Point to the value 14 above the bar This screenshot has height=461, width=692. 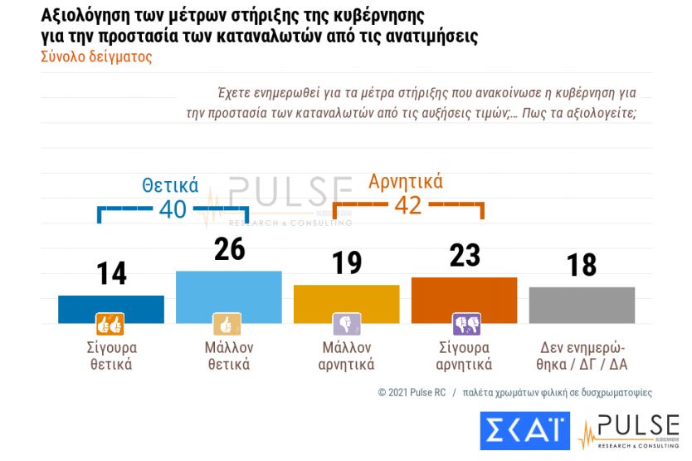pos(110,273)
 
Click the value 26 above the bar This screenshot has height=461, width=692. pos(229,248)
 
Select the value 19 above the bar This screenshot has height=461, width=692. pos(346,262)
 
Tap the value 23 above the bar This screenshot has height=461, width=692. pos(464,255)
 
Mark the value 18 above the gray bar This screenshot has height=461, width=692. pos(582,265)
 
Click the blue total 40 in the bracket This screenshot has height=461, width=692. pos(173,209)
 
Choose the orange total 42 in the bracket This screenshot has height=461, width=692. pos(407,204)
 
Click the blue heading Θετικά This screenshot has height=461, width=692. pos(169,185)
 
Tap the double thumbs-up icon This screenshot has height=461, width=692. pos(110,323)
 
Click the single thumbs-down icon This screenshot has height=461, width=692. pos(346,323)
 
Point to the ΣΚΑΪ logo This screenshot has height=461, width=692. pos(524,431)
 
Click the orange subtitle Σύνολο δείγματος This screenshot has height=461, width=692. pos(96,57)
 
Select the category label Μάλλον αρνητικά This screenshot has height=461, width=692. pos(346,356)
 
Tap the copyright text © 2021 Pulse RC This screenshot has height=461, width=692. pos(412,392)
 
